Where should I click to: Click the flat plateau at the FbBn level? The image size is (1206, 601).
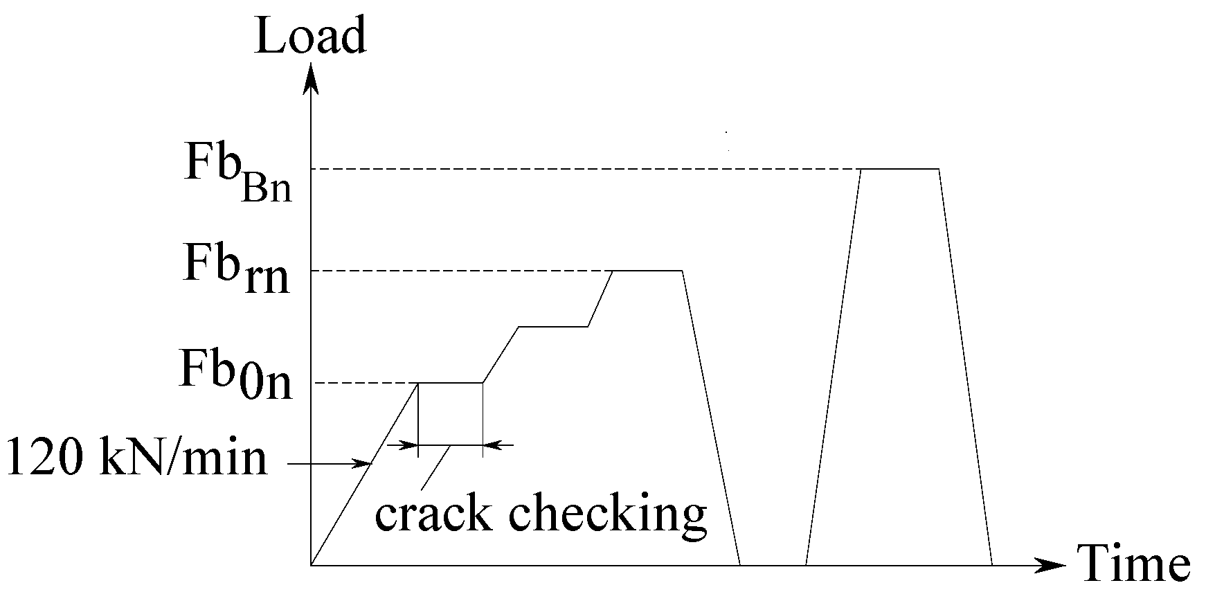pyautogui.click(x=899, y=168)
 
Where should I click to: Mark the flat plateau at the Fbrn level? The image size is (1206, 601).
pyautogui.click(x=647, y=270)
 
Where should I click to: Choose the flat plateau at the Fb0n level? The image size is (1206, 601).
pyautogui.click(x=450, y=382)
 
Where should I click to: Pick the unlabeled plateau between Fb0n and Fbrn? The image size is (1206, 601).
pyautogui.click(x=553, y=325)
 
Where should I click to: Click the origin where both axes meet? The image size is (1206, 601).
pyautogui.click(x=312, y=565)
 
